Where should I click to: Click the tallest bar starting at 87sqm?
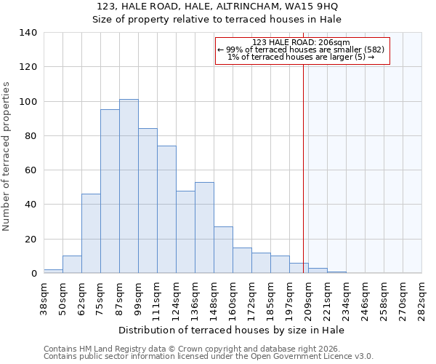[x=129, y=186]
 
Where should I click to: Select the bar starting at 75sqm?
[x=110, y=191]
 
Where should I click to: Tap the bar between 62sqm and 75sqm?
[x=91, y=234]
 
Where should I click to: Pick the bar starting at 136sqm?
[x=204, y=228]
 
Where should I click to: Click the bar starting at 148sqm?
[x=223, y=250]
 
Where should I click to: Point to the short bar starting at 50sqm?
[x=72, y=265]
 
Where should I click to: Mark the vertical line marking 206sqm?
[x=303, y=167]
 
